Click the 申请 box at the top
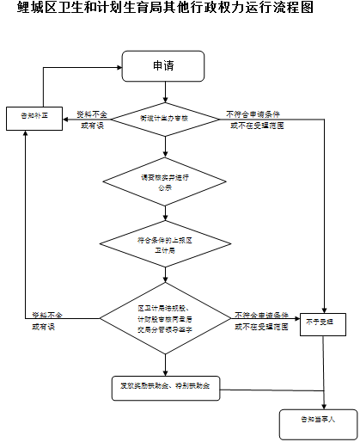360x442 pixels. pyautogui.click(x=162, y=65)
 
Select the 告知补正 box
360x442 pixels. pyautogui.click(x=34, y=117)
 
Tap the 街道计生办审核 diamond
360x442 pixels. pyautogui.click(x=162, y=119)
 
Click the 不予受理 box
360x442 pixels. pyautogui.click(x=324, y=324)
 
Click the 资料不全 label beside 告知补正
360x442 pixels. pyautogui.click(x=92, y=119)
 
